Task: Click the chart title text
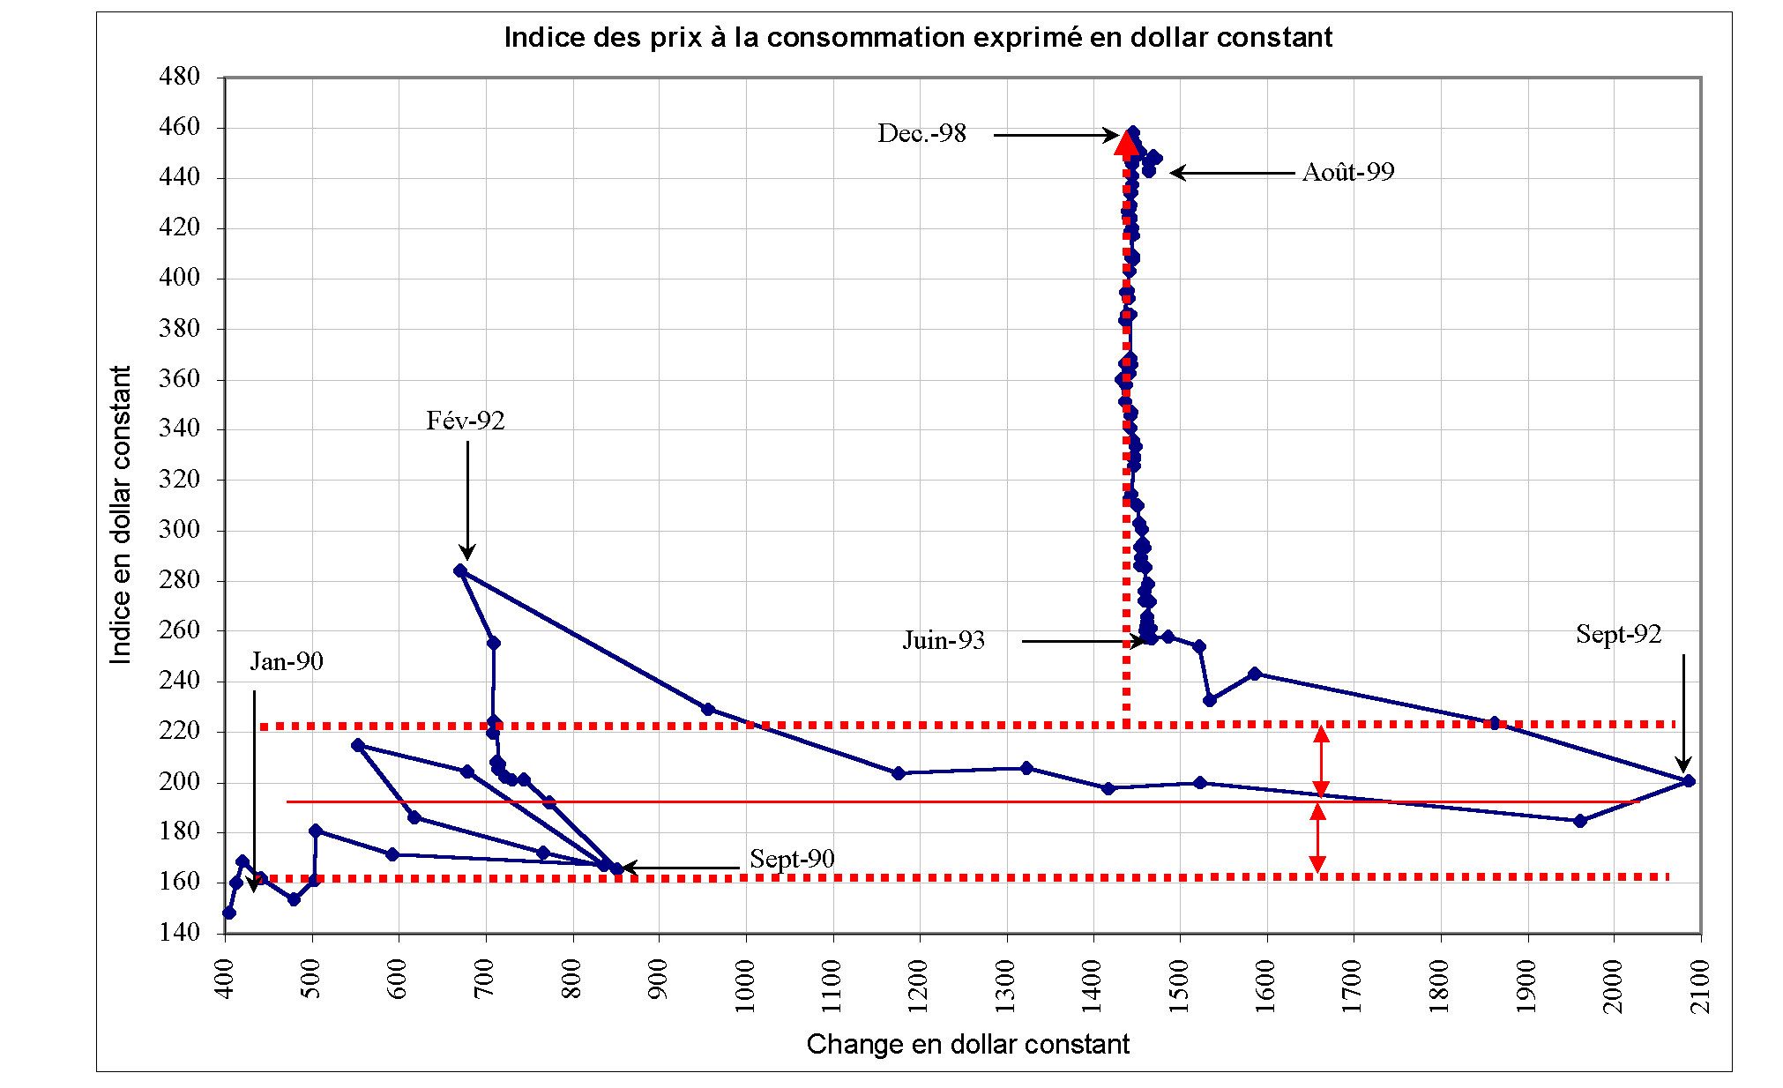[x=917, y=38]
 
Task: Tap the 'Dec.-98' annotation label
[x=921, y=133]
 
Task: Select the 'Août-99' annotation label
[x=1347, y=172]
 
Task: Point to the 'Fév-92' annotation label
[x=465, y=421]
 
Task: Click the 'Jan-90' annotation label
[x=287, y=661]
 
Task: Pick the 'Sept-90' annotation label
[x=791, y=859]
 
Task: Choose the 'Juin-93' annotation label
[x=943, y=640]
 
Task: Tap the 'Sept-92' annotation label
[x=1618, y=634]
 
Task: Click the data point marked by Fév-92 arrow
[x=460, y=571]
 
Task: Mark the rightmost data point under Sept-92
[x=1688, y=781]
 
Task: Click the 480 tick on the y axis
[x=179, y=77]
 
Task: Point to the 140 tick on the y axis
[x=179, y=932]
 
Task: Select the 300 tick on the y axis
[x=179, y=529]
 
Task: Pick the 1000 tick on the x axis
[x=746, y=986]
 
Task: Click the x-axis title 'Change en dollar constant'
[x=967, y=1045]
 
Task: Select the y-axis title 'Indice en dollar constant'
[x=120, y=515]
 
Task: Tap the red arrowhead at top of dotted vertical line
[x=1127, y=143]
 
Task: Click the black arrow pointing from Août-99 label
[x=1231, y=173]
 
